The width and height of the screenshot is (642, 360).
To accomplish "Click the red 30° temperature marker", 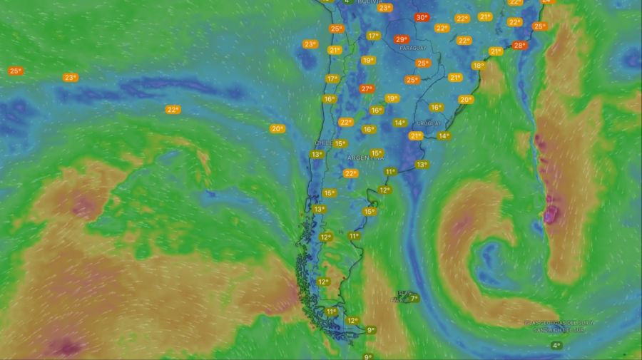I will pos(422,17).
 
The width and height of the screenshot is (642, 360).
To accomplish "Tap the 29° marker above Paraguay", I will pos(402,39).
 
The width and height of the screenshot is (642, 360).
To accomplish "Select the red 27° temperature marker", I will pos(367,89).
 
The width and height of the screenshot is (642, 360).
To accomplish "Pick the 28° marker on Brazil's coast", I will pos(519,46).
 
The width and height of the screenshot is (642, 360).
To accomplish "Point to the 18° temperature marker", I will pos(478,66).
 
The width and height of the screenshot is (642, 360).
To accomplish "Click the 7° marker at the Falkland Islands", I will pos(414,299).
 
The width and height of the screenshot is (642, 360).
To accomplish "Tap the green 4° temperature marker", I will pos(556,346).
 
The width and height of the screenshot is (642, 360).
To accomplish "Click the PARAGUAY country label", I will pos(413,48).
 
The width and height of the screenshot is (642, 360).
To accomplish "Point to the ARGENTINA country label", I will pos(365,157).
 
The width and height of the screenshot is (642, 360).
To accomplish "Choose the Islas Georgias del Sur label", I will pos(559,325).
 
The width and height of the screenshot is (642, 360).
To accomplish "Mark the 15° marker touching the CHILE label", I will pos(340,143).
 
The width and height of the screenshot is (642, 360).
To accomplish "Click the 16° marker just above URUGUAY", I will pos(436,107).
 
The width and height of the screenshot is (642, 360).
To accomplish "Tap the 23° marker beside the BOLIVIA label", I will pos(385,8).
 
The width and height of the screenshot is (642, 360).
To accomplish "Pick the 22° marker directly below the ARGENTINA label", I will pos(350,173).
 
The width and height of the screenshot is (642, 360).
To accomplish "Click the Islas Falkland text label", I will pos(404,296).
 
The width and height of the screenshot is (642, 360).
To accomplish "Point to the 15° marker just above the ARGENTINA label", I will pos(376,153).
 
